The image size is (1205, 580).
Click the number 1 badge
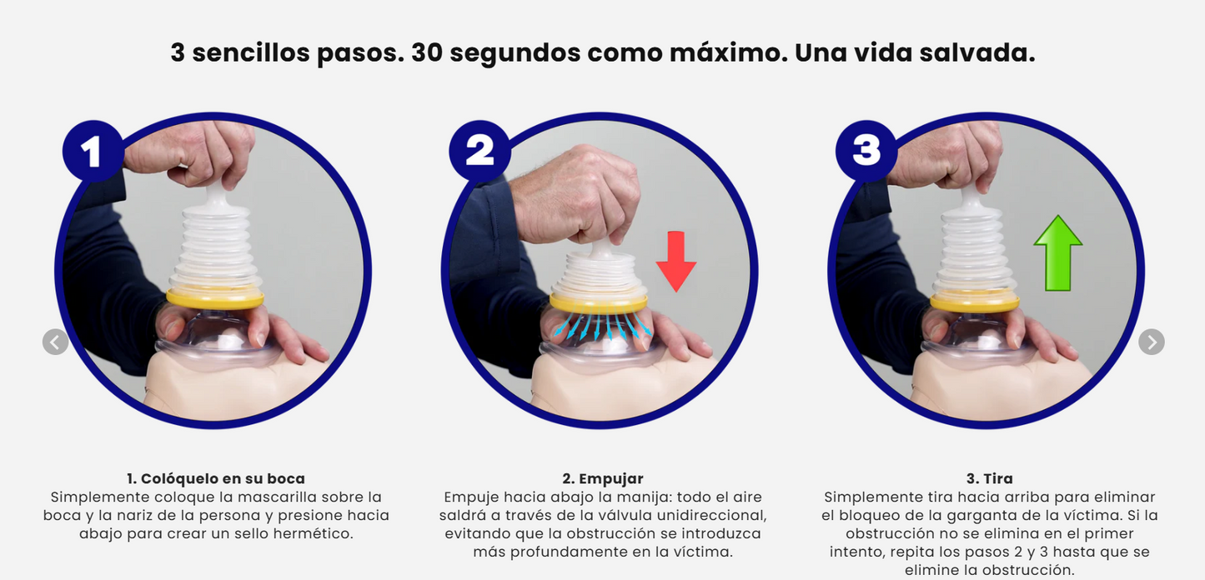[92, 151]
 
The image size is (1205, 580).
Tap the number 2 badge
[479, 151]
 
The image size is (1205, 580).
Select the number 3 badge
[866, 151]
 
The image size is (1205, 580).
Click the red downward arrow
[675, 261]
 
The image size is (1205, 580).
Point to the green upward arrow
[1057, 253]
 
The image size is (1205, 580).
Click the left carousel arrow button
[56, 342]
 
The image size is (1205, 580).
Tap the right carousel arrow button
[1151, 342]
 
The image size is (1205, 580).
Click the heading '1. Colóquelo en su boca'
[216, 479]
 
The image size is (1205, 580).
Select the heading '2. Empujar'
[602, 479]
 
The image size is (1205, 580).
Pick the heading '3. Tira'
[989, 479]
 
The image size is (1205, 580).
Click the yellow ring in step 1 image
[215, 297]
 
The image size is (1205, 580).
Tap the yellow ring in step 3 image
[974, 302]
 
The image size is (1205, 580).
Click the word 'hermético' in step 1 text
[315, 534]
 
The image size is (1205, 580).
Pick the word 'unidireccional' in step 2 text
[711, 516]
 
